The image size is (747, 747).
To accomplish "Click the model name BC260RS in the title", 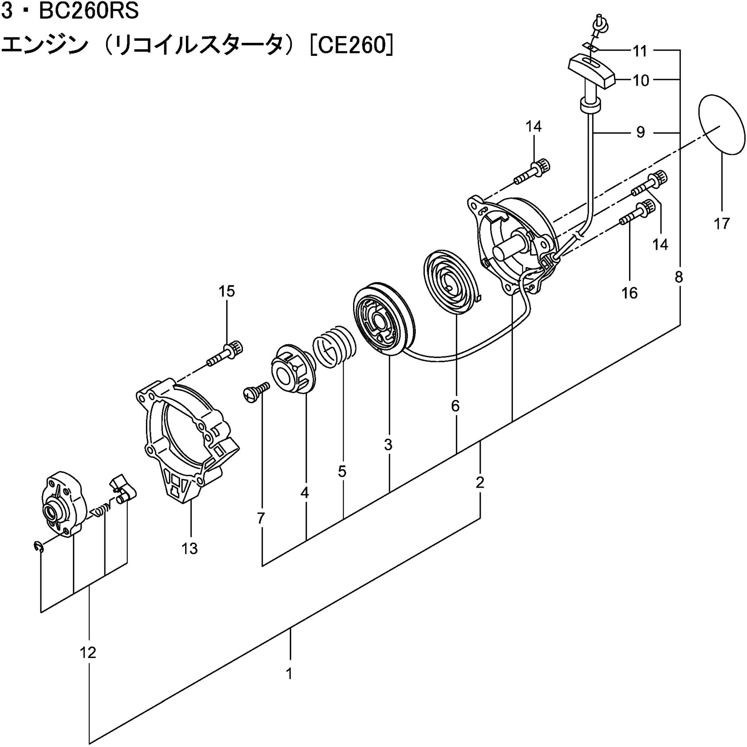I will (88, 12).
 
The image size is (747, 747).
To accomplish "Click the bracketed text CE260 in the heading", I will (351, 46).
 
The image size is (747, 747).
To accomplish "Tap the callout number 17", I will (721, 223).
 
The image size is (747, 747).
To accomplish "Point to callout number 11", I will (640, 51).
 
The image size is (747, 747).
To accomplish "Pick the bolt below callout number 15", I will (225, 354).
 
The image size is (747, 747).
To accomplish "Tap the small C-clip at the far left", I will (38, 547).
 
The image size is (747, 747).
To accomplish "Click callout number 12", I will (88, 653).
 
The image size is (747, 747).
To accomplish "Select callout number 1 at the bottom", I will (289, 674).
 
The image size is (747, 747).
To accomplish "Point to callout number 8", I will (678, 277).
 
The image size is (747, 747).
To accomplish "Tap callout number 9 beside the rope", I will (641, 132).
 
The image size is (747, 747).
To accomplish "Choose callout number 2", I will (480, 482).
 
